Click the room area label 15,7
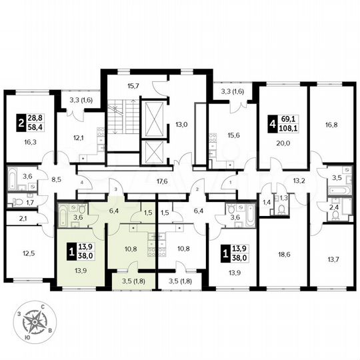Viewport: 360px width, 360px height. click(x=127, y=86)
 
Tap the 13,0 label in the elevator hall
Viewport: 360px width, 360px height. click(x=182, y=124)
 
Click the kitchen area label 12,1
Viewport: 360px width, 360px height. click(x=79, y=139)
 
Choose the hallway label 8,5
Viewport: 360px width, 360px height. click(x=57, y=179)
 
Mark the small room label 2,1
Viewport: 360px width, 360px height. click(x=22, y=218)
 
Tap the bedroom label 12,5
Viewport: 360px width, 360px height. click(x=27, y=253)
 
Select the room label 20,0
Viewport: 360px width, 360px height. click(x=281, y=132)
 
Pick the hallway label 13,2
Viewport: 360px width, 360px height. click(x=298, y=179)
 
